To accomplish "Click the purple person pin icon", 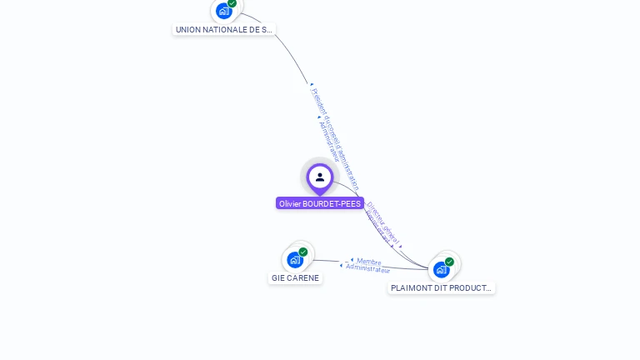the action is tap(319, 177).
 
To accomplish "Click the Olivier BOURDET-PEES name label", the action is tap(320, 203).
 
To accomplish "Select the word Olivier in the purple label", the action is tap(290, 203).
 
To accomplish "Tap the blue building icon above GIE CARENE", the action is tap(295, 260).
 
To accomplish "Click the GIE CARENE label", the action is tap(295, 278).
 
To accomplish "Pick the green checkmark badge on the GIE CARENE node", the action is tap(303, 252).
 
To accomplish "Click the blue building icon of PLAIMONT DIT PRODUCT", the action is tap(441, 270).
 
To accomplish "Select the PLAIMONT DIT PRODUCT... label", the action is tap(442, 288).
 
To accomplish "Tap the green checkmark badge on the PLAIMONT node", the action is tap(449, 262).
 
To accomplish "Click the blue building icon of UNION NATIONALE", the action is tap(223, 11).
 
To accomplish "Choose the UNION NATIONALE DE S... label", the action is tap(223, 29).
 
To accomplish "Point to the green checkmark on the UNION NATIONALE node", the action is tap(232, 3).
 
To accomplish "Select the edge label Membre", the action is tap(368, 261).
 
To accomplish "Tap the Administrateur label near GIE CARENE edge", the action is tap(367, 269).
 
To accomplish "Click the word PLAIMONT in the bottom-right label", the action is tap(409, 288).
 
